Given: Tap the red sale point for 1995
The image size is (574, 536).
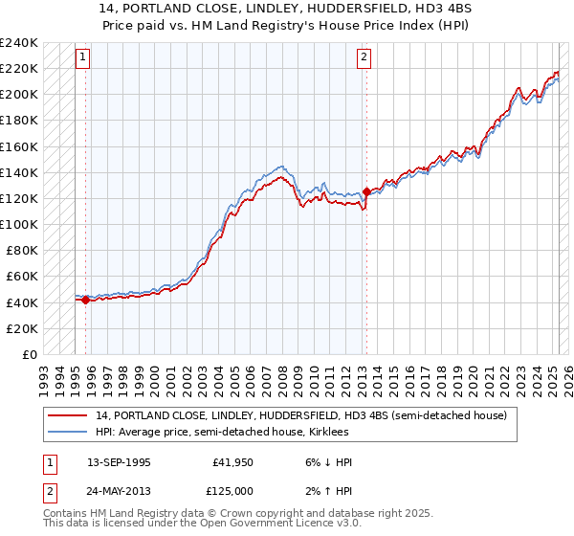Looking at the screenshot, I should (86, 300).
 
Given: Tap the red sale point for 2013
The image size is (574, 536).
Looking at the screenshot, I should (366, 191).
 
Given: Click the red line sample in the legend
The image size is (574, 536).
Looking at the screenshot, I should (69, 415).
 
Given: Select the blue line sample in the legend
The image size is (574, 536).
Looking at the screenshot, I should (69, 432).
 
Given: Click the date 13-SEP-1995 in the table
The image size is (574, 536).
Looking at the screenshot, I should (119, 462).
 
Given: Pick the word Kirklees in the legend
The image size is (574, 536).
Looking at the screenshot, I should (335, 432).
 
